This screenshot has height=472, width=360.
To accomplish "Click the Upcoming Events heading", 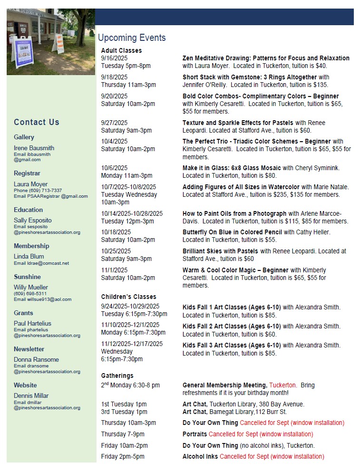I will (132, 38).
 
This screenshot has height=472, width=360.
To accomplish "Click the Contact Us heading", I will (37, 122).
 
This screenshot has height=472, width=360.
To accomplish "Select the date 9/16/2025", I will (114, 58).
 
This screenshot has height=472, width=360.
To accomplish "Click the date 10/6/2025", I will (114, 168).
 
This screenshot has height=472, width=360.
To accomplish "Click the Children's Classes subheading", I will (128, 297).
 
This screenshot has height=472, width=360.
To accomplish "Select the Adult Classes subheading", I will (121, 50).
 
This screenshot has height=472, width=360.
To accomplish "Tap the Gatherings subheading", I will (117, 376).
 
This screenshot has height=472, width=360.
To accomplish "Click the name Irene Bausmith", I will (34, 148).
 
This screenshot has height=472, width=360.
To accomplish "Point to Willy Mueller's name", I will (31, 287).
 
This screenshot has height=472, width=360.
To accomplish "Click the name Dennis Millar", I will (31, 395).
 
